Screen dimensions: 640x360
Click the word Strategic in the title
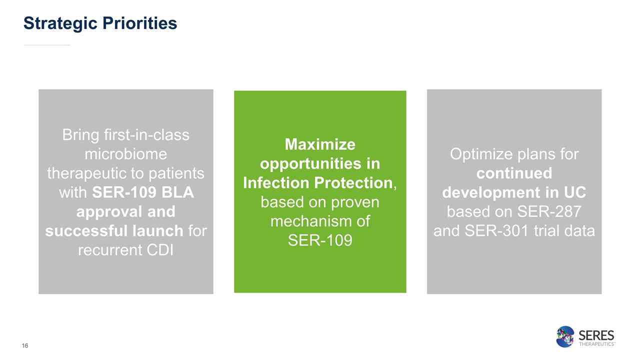[x=60, y=23]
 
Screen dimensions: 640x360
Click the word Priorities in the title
[x=139, y=23]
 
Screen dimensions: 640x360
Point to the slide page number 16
[x=25, y=345]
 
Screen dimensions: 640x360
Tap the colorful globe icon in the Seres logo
[x=565, y=336]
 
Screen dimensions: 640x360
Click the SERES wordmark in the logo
[x=596, y=335]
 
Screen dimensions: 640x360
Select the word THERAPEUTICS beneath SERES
[x=597, y=344]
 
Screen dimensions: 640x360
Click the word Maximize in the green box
[x=320, y=144]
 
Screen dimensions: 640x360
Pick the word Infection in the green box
[x=276, y=182]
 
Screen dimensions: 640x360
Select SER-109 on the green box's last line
[x=320, y=240]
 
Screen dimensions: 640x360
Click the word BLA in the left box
[x=177, y=192]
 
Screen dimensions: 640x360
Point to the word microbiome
[x=125, y=154]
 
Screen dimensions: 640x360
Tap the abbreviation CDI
[x=160, y=249]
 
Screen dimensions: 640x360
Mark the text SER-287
[x=549, y=211]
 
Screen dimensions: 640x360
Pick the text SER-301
[x=496, y=230]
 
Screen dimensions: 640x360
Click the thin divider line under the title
[x=47, y=45]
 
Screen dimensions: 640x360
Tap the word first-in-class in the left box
[x=146, y=135]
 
